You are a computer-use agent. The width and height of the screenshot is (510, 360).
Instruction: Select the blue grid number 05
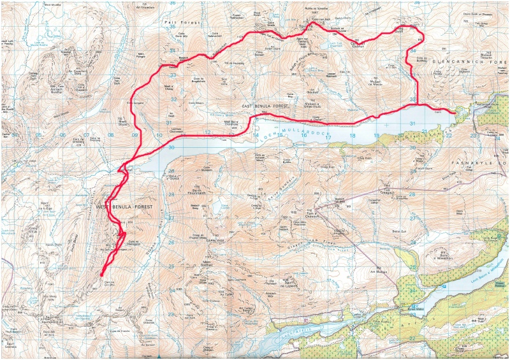(38, 135)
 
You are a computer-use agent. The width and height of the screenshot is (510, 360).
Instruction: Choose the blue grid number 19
(377, 136)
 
